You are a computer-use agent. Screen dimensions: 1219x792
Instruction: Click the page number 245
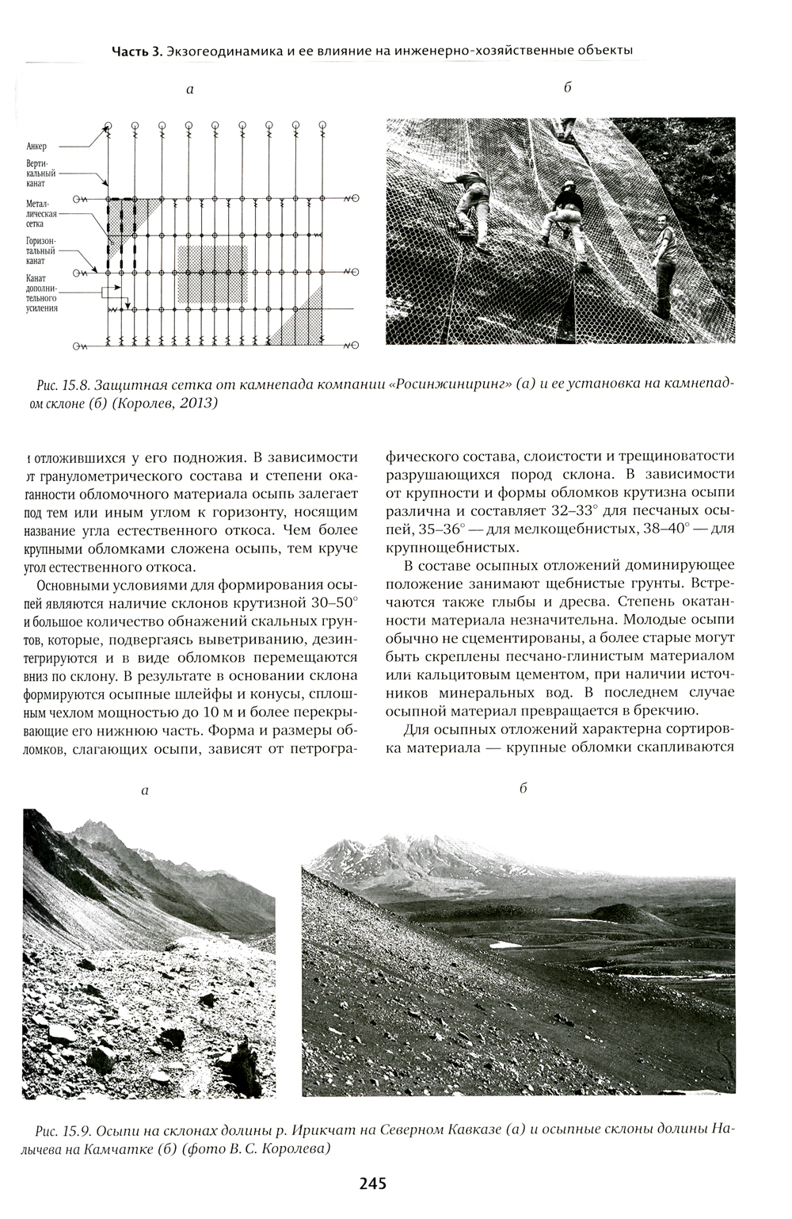coord(372,1184)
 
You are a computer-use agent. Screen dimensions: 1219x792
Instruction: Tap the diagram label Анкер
coord(36,146)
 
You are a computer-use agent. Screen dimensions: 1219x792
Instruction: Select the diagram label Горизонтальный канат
coord(37,250)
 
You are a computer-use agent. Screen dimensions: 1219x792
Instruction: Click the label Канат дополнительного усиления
coord(41,292)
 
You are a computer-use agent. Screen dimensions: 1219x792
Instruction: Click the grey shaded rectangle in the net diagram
coord(212,273)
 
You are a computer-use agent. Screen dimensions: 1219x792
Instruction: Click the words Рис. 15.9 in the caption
coord(62,1129)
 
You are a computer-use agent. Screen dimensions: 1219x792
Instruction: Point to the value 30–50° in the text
coord(335,602)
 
